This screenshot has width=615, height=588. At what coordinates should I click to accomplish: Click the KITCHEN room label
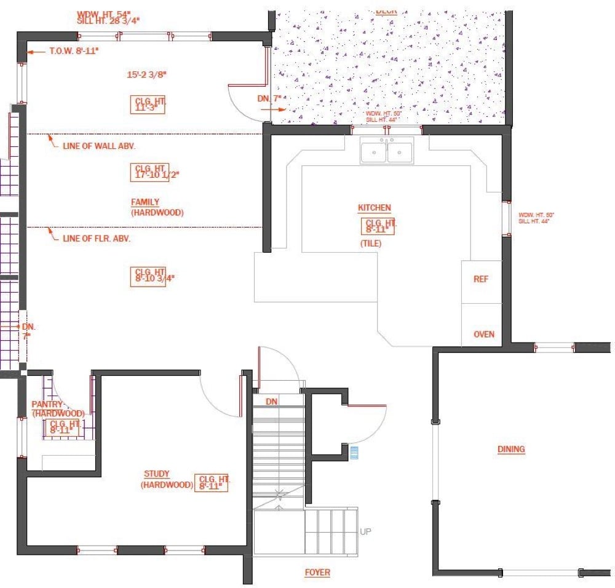click(374, 208)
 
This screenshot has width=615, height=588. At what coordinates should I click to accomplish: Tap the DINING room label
click(511, 449)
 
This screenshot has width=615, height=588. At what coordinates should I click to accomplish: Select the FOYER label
click(317, 573)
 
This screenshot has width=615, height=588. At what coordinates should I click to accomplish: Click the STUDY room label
click(157, 474)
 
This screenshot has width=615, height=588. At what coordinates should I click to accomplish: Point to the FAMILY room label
click(145, 202)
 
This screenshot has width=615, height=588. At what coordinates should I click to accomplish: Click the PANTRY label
click(47, 404)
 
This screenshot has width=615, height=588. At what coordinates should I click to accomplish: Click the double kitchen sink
click(387, 151)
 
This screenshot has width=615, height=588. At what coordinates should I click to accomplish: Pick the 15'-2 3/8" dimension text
click(147, 75)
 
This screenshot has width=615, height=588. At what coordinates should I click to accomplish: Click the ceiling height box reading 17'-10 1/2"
click(148, 171)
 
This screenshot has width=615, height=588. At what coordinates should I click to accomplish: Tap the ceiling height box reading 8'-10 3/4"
click(148, 274)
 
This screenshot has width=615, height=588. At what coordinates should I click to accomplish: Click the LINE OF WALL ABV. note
click(98, 146)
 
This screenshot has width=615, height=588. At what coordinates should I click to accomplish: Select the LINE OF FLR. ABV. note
click(96, 238)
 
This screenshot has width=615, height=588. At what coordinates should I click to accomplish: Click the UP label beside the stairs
click(365, 531)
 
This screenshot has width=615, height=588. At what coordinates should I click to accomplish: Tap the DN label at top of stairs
click(272, 401)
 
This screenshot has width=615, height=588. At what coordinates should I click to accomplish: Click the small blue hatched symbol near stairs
click(354, 453)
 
